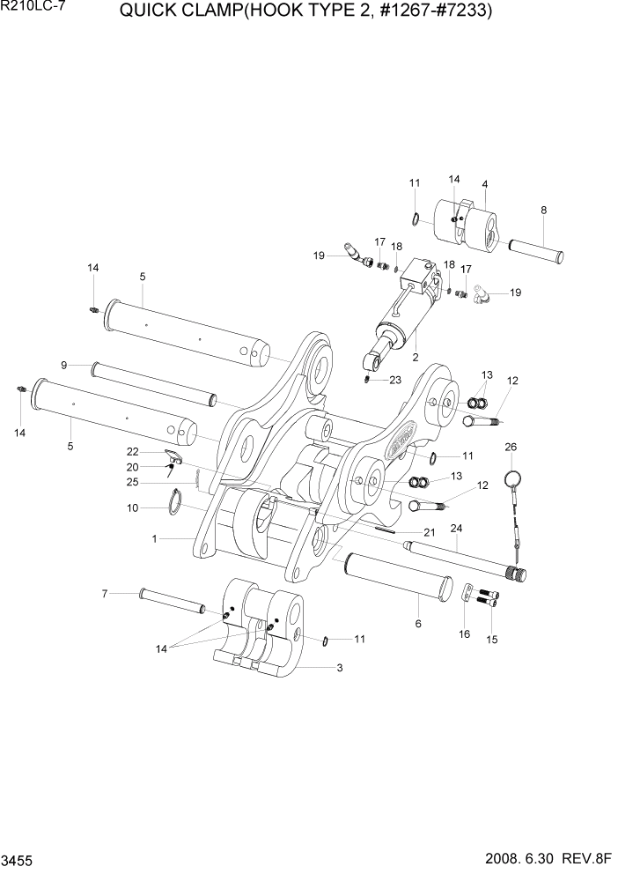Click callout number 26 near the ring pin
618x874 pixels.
(511, 448)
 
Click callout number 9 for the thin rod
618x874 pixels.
(64, 365)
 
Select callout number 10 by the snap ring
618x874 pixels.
(133, 507)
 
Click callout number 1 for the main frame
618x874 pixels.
(155, 537)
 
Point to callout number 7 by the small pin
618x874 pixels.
(104, 594)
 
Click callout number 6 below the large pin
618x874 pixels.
(418, 623)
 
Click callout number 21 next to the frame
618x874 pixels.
(430, 532)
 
